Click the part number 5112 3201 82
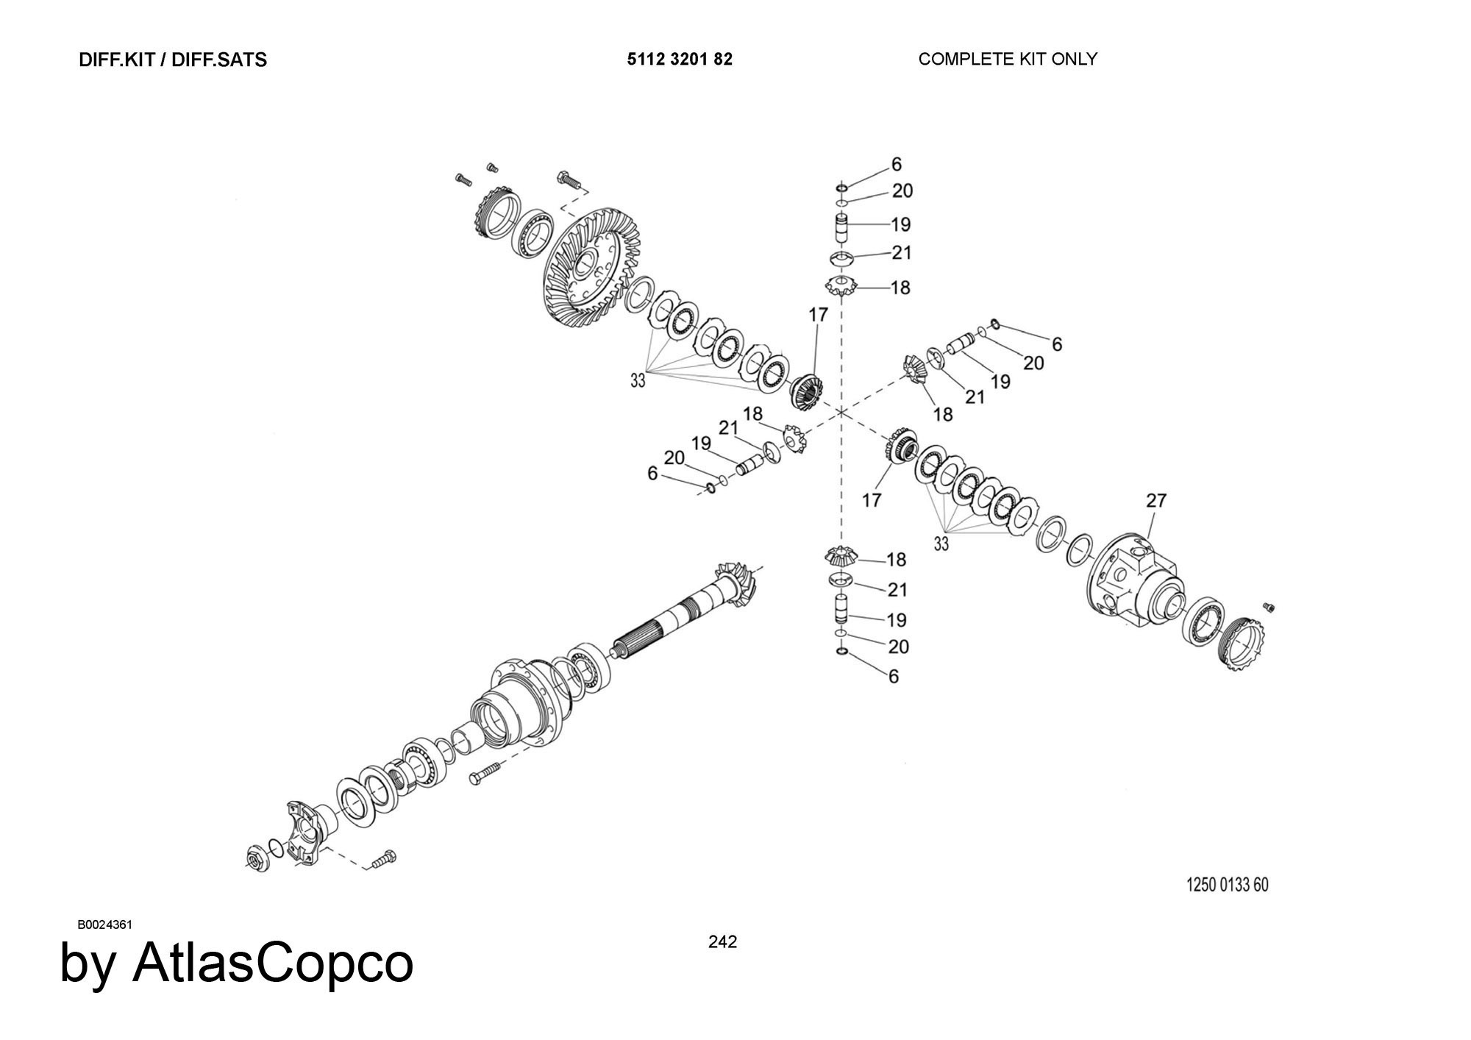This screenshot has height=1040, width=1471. (x=680, y=59)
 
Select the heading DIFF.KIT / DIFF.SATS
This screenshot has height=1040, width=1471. (x=173, y=60)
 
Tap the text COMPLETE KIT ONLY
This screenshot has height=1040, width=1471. (x=1008, y=59)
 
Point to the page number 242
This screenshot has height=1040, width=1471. (x=722, y=941)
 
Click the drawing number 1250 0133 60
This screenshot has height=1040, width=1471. (x=1228, y=885)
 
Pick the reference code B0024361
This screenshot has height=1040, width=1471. (x=104, y=925)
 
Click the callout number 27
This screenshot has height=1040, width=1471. (x=1156, y=500)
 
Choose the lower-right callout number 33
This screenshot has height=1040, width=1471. (x=941, y=544)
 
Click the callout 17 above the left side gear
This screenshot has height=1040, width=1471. (x=818, y=314)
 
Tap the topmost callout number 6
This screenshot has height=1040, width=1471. (x=896, y=164)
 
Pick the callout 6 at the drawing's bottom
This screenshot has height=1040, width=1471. (x=894, y=676)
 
